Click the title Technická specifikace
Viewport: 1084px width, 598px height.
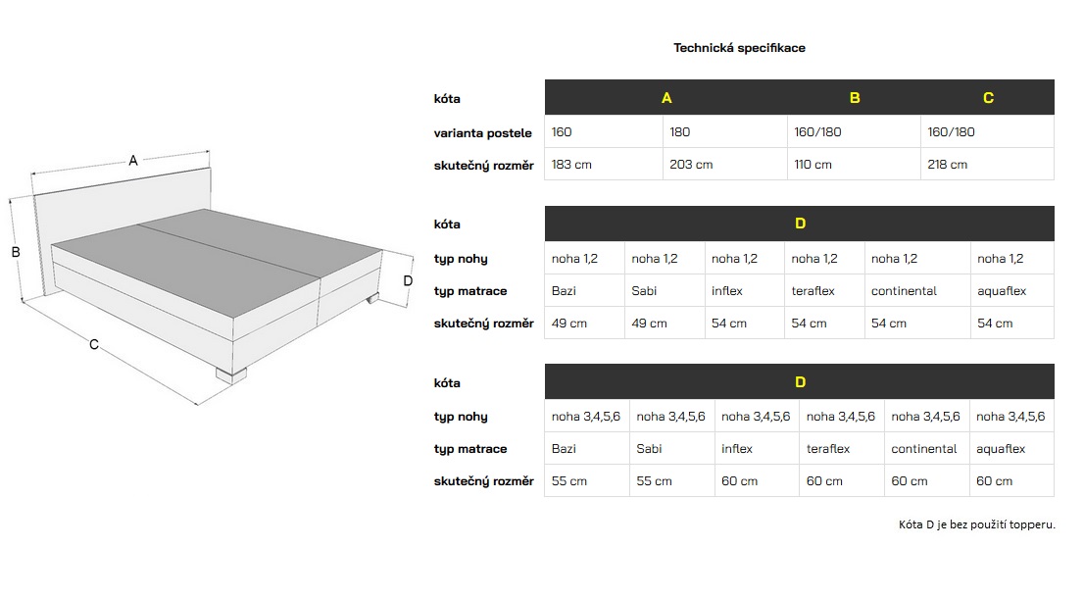pyautogui.click(x=739, y=47)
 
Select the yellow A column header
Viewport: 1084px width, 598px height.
pyautogui.click(x=666, y=98)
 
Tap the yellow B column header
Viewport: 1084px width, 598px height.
pyautogui.click(x=855, y=98)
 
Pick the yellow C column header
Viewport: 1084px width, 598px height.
pyautogui.click(x=988, y=98)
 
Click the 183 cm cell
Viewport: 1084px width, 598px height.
pyautogui.click(x=572, y=165)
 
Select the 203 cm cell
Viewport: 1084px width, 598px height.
pyautogui.click(x=691, y=165)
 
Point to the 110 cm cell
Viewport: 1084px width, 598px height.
pyautogui.click(x=813, y=165)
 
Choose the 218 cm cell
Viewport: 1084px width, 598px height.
pyautogui.click(x=948, y=165)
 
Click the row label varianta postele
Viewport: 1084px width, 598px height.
pyautogui.click(x=483, y=132)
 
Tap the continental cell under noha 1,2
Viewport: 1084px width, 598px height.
pyautogui.click(x=904, y=291)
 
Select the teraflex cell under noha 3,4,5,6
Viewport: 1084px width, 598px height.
pyautogui.click(x=827, y=449)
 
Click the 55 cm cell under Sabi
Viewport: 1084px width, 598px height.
pyautogui.click(x=654, y=481)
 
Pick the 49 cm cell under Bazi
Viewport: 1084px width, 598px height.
pyautogui.click(x=569, y=324)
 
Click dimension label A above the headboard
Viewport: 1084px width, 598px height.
pyautogui.click(x=133, y=161)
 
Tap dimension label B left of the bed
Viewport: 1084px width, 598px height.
pyautogui.click(x=16, y=252)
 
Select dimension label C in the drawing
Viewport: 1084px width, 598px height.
pyautogui.click(x=94, y=344)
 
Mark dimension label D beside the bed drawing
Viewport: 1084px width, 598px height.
pyautogui.click(x=408, y=280)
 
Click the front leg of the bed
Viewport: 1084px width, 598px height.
pyautogui.click(x=232, y=374)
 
